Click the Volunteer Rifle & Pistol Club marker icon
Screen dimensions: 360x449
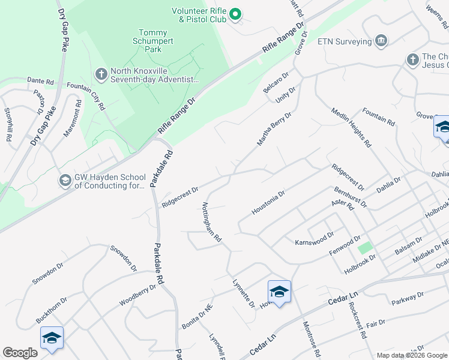pyautogui.click(x=236, y=14)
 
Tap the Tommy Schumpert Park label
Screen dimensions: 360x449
pyautogui.click(x=157, y=41)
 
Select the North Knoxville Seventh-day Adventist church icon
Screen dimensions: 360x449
pyautogui.click(x=101, y=73)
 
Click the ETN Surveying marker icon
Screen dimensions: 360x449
pyautogui.click(x=380, y=41)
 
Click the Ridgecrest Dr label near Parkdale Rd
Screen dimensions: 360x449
pyautogui.click(x=180, y=196)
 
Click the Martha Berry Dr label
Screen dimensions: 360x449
pyautogui.click(x=274, y=128)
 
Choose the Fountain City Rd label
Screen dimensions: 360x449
pyautogui.click(x=86, y=96)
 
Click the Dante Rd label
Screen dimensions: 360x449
pyautogui.click(x=40, y=81)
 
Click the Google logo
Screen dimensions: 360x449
pyautogui.click(x=20, y=353)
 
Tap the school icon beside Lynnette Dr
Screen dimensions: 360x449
pyautogui.click(x=279, y=292)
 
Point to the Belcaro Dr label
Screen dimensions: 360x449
pyautogui.click(x=276, y=82)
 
